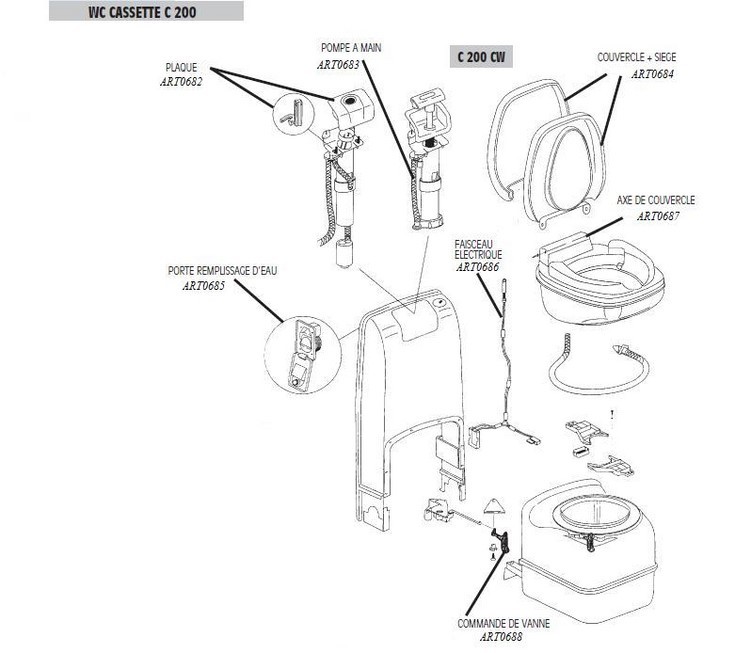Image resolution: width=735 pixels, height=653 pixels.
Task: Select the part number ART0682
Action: click(180, 82)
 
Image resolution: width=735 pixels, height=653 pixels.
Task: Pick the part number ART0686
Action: click(479, 268)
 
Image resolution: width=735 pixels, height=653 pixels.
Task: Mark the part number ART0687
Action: click(658, 215)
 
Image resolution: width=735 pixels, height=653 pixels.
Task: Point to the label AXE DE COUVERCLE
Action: click(655, 200)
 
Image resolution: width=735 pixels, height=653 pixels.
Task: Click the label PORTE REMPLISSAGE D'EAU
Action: click(218, 271)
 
